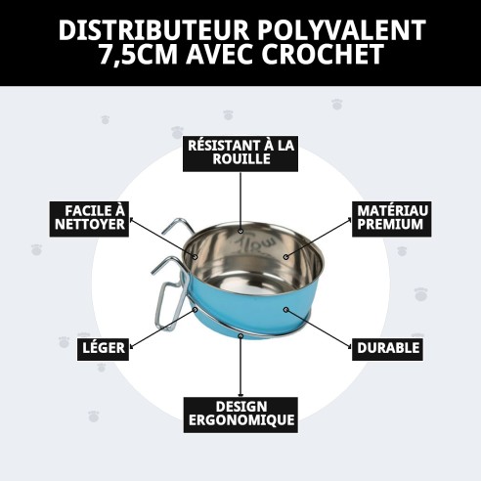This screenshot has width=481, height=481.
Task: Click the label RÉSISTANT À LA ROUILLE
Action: click(240, 153)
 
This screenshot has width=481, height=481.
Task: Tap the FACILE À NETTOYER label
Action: click(89, 218)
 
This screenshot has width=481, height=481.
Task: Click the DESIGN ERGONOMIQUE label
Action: click(240, 415)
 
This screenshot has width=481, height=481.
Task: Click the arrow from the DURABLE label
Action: click(318, 327)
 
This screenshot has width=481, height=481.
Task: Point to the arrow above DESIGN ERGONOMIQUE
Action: click(240, 367)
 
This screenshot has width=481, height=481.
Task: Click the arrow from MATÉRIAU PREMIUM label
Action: click(319, 240)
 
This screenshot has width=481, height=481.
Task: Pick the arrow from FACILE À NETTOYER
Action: click(166, 238)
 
